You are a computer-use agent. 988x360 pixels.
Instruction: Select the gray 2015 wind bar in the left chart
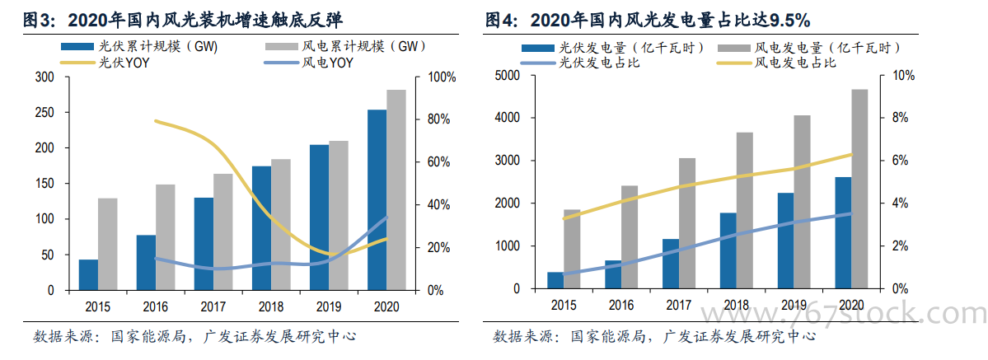tap(108, 244)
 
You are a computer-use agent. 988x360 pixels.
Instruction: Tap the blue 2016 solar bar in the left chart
tap(146, 262)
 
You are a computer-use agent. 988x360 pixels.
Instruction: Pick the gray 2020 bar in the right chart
tap(859, 189)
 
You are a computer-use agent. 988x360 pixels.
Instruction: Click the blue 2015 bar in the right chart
tap(555, 280)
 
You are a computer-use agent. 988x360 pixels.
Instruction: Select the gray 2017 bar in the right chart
tap(686, 223)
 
